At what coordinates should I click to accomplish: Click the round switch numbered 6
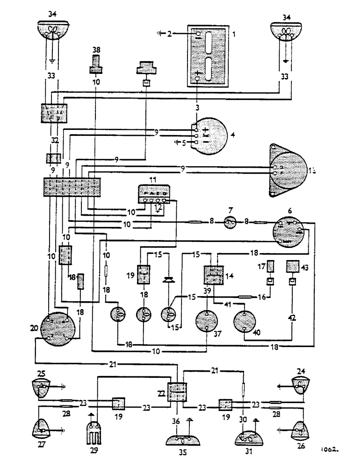click(x=289, y=232)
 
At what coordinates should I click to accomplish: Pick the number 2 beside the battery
click(x=170, y=34)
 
